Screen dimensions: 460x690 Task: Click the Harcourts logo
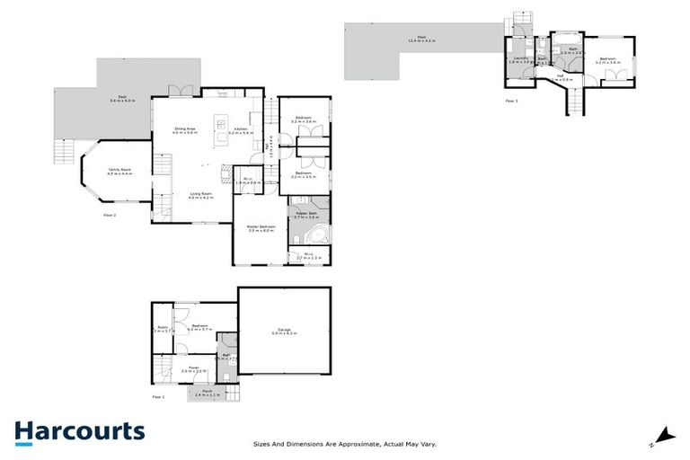[79, 431]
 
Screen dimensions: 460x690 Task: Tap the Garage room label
[284, 332]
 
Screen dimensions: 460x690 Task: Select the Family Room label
[120, 171]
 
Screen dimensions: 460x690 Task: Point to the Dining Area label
[185, 131]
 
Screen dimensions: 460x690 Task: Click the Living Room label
[200, 195]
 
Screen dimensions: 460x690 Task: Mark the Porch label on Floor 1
[213, 394]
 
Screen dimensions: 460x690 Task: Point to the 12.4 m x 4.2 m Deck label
[420, 40]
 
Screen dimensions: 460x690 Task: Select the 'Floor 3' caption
[511, 101]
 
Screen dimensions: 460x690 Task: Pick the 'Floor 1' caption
[158, 396]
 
